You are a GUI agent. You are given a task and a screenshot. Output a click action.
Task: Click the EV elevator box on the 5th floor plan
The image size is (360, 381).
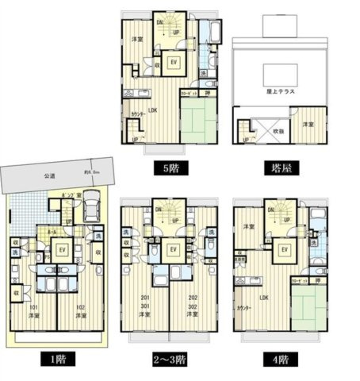174,63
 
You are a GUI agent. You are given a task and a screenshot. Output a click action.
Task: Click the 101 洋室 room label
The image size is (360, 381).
33,312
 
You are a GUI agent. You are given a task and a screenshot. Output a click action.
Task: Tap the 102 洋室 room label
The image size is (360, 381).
80,312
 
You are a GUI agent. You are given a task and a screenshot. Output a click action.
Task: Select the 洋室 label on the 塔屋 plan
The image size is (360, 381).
305,125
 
